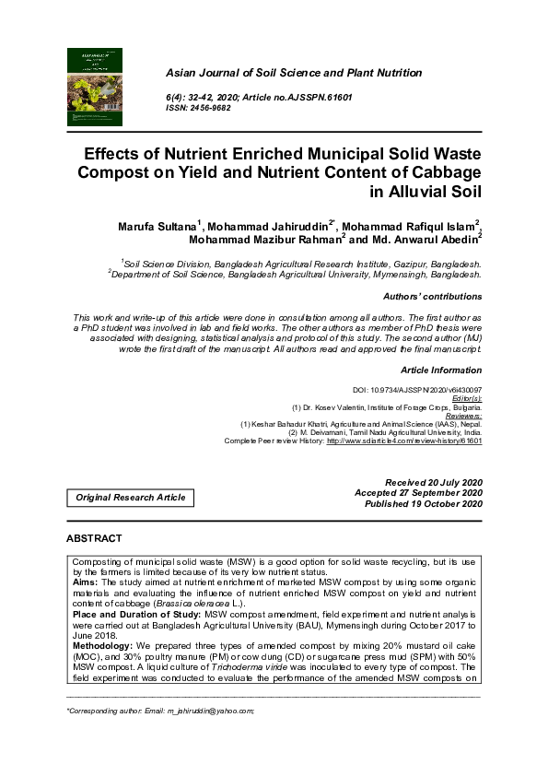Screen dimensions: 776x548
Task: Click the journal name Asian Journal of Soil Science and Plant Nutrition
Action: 293,72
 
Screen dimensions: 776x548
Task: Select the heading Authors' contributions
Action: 432,297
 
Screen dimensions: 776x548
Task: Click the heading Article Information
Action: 441,370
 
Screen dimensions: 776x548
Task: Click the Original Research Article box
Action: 130,498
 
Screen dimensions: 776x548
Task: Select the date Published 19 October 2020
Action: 424,505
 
